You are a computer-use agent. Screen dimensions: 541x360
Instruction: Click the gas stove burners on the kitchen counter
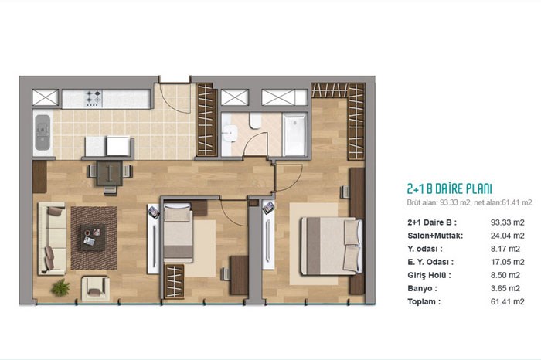tap(94, 98)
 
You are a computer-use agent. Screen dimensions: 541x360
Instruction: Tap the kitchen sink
tap(43, 133)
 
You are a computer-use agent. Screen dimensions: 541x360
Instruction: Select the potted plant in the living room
tap(61, 287)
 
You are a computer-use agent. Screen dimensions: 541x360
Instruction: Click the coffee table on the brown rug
tap(94, 238)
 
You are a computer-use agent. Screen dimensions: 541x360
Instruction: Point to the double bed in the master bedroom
tap(332, 246)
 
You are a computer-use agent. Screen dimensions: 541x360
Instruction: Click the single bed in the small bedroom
tap(178, 233)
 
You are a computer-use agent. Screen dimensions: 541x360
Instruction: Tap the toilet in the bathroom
tap(255, 121)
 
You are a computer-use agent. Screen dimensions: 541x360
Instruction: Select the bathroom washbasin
tap(230, 133)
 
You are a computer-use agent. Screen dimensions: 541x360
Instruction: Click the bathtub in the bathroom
tap(294, 134)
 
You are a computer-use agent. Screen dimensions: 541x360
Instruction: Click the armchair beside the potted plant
tap(95, 288)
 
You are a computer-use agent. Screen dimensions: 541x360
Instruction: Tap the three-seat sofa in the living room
tap(52, 238)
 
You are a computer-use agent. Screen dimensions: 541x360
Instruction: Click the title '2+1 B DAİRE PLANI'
tap(449, 189)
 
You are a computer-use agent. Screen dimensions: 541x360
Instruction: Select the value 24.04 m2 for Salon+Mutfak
tap(507, 236)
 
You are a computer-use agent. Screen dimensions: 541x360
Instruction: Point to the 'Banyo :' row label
tap(422, 288)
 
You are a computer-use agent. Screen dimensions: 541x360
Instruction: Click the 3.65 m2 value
tap(507, 288)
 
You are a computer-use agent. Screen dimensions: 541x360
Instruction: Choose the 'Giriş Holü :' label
tap(429, 275)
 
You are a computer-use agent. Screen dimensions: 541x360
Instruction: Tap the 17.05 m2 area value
tap(507, 262)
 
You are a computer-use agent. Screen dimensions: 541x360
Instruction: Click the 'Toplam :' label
tap(424, 301)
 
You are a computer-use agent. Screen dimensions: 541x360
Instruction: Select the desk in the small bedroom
tap(239, 275)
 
